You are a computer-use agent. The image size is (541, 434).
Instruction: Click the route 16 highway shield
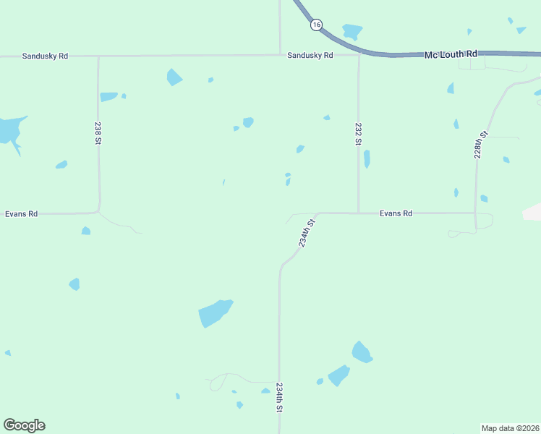coord(316,25)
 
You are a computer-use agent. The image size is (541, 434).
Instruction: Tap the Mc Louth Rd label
coord(451,54)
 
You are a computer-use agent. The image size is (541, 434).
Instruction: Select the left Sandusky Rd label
coord(45,56)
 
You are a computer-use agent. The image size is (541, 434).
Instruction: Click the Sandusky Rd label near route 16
coord(310,56)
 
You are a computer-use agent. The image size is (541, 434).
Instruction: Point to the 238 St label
coord(98,133)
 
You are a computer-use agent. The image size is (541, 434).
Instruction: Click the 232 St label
coord(358,134)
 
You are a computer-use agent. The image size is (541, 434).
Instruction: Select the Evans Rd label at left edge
coord(21,214)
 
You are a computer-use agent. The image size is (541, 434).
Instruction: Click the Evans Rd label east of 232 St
coord(396,213)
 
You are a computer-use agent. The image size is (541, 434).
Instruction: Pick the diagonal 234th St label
coord(308,233)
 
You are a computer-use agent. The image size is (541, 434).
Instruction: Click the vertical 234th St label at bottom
coord(279,398)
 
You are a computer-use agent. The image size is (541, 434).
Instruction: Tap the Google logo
coord(24,425)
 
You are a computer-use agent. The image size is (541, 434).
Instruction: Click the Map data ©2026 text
coord(510,428)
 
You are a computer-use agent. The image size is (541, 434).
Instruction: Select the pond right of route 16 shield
coord(352,32)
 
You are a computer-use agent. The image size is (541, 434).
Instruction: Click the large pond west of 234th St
coord(215,313)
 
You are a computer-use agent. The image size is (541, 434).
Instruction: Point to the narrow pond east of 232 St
coord(367,158)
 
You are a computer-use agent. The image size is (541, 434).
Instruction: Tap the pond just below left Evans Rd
coord(86,231)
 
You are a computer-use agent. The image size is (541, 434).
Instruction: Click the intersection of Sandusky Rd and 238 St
coord(98,56)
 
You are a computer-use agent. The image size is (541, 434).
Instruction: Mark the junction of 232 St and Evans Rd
coord(359,213)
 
